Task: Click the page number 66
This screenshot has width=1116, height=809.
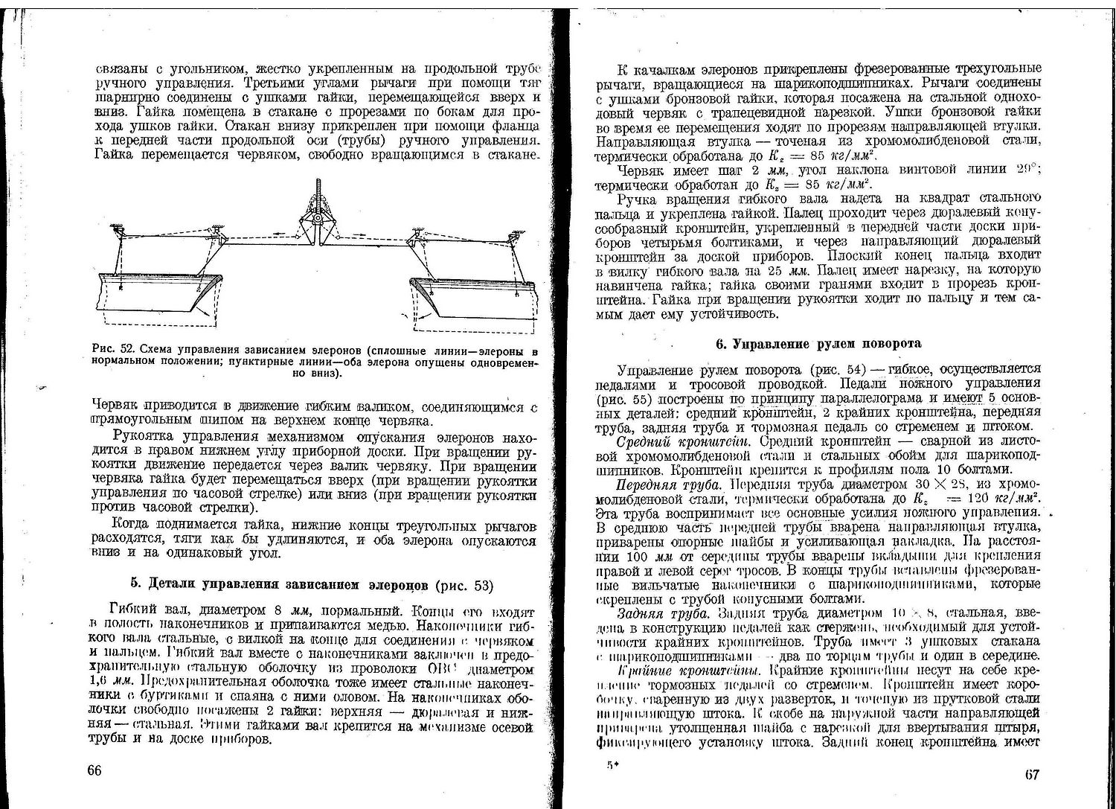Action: [x=94, y=770]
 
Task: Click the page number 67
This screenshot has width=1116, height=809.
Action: [x=1031, y=773]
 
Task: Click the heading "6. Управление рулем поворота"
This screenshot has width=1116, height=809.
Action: [x=817, y=344]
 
